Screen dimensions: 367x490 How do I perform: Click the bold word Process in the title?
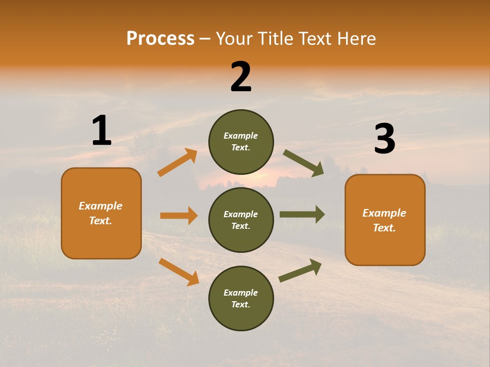pos(160,38)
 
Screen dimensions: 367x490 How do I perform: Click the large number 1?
pos(102,131)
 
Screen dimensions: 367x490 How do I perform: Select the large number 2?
pos(241,77)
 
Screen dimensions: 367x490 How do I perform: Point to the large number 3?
pos(384,139)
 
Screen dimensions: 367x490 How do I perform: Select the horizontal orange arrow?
pos(179,216)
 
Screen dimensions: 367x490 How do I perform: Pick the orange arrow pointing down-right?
pos(179,272)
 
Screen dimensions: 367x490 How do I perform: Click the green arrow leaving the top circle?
pos(304,163)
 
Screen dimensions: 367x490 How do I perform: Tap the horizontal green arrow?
pos(302,214)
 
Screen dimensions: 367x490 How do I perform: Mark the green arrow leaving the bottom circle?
pos(300,270)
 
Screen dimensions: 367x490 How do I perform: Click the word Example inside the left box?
pos(101,206)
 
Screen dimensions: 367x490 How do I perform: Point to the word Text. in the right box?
pos(384,228)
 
